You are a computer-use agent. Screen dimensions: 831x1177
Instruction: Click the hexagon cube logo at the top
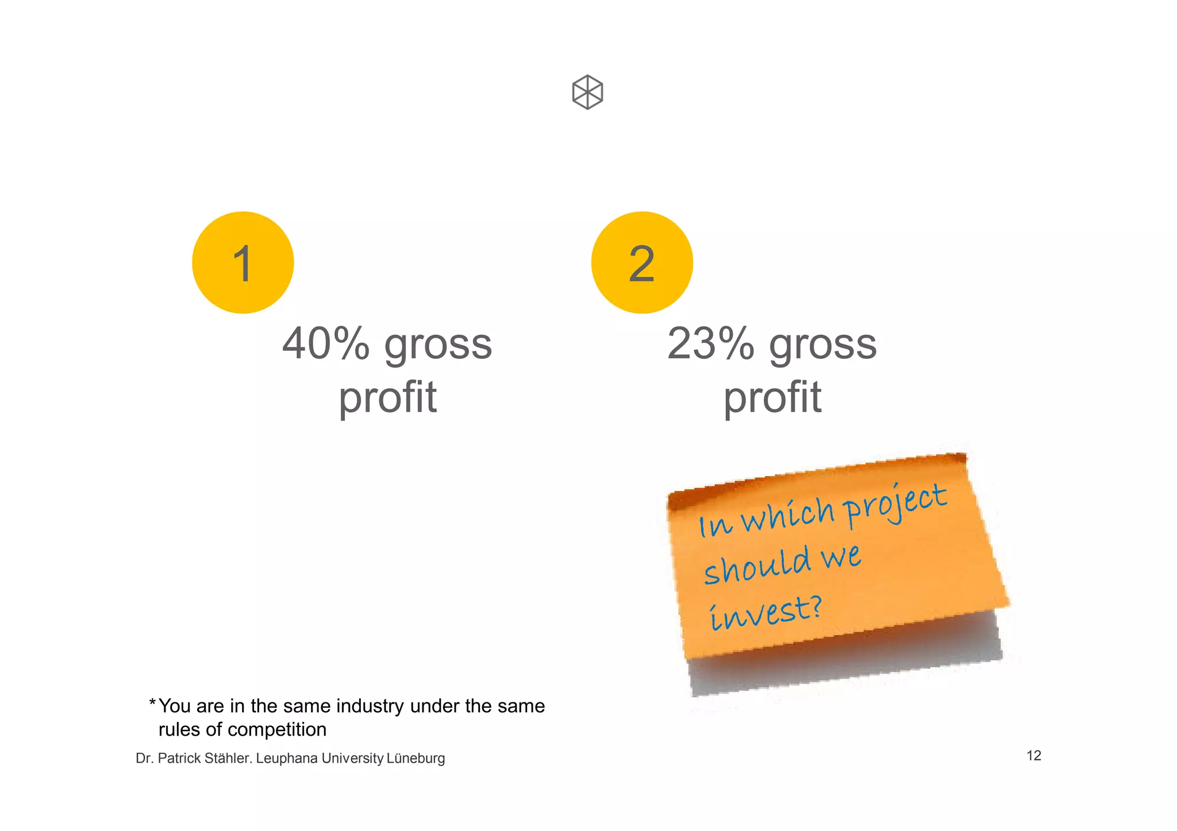tap(587, 92)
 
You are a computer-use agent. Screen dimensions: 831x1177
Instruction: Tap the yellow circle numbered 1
tap(243, 262)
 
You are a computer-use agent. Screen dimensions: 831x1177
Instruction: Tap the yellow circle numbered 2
tap(642, 262)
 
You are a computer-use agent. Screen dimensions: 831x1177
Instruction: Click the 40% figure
tap(326, 344)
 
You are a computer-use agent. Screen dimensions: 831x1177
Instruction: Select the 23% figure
tap(711, 344)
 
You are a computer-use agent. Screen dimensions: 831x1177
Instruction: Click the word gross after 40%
tap(438, 346)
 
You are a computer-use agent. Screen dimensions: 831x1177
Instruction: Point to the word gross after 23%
tap(823, 346)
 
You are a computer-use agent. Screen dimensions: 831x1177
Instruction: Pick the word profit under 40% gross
tap(387, 398)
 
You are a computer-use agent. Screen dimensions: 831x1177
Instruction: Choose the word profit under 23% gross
tap(772, 398)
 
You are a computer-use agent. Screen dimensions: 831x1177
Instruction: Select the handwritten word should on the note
tap(757, 566)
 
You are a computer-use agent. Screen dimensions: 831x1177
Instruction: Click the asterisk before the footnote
tap(152, 703)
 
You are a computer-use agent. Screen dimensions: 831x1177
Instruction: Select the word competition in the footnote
tap(277, 729)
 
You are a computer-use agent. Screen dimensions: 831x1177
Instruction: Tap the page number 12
tap(1033, 755)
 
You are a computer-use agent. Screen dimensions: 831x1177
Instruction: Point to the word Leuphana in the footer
tap(287, 758)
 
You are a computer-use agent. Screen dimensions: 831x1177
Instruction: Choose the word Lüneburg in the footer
tap(416, 758)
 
